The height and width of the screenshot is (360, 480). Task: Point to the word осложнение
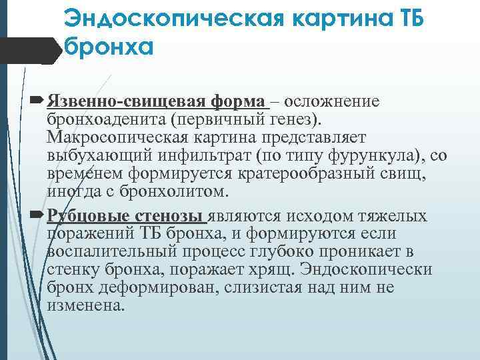tap(333, 101)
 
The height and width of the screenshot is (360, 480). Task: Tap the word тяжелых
tap(393, 216)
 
